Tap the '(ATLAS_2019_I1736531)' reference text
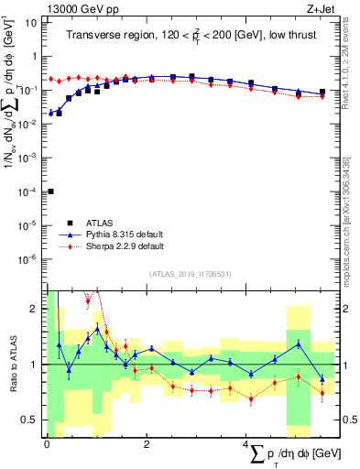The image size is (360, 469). [x=191, y=274]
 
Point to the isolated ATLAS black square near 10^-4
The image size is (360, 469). [x=50, y=191]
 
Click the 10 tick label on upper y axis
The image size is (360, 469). [x=30, y=22]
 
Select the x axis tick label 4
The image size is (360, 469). [x=245, y=443]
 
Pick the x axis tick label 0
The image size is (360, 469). [x=47, y=443]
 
